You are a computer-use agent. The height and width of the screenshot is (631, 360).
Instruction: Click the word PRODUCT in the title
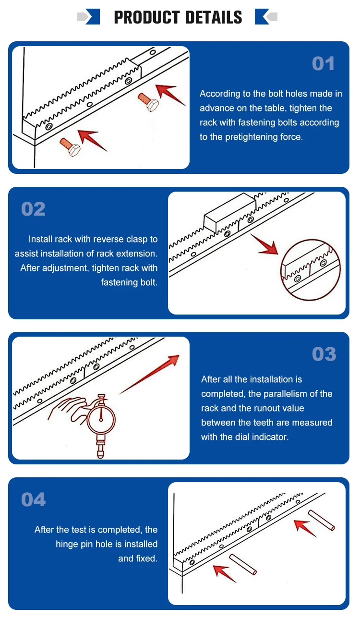tap(147, 17)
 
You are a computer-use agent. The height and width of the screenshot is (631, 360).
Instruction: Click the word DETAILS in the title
tap(214, 17)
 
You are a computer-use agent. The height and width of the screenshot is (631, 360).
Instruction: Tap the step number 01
tap(323, 64)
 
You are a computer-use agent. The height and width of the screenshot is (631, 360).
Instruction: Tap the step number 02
tap(33, 209)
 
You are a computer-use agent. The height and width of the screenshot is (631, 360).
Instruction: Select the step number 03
tap(324, 354)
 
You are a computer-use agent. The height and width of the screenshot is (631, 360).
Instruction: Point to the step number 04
tap(33, 500)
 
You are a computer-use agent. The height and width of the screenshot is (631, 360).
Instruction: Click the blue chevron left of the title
tap(93, 17)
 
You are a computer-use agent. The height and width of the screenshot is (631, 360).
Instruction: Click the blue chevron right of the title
tap(262, 17)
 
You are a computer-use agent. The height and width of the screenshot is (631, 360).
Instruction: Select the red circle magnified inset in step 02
tap(311, 270)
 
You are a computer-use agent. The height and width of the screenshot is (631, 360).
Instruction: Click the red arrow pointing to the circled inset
tap(264, 244)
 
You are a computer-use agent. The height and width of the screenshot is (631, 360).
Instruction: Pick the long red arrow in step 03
tap(149, 375)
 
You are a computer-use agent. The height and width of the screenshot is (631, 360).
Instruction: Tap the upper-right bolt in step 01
tap(148, 103)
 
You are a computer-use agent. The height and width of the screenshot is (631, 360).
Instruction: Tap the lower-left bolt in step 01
tap(70, 147)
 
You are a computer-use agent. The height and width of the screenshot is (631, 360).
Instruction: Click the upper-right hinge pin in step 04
tap(322, 521)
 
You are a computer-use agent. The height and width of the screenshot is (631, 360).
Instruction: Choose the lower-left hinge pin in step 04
tap(243, 565)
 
